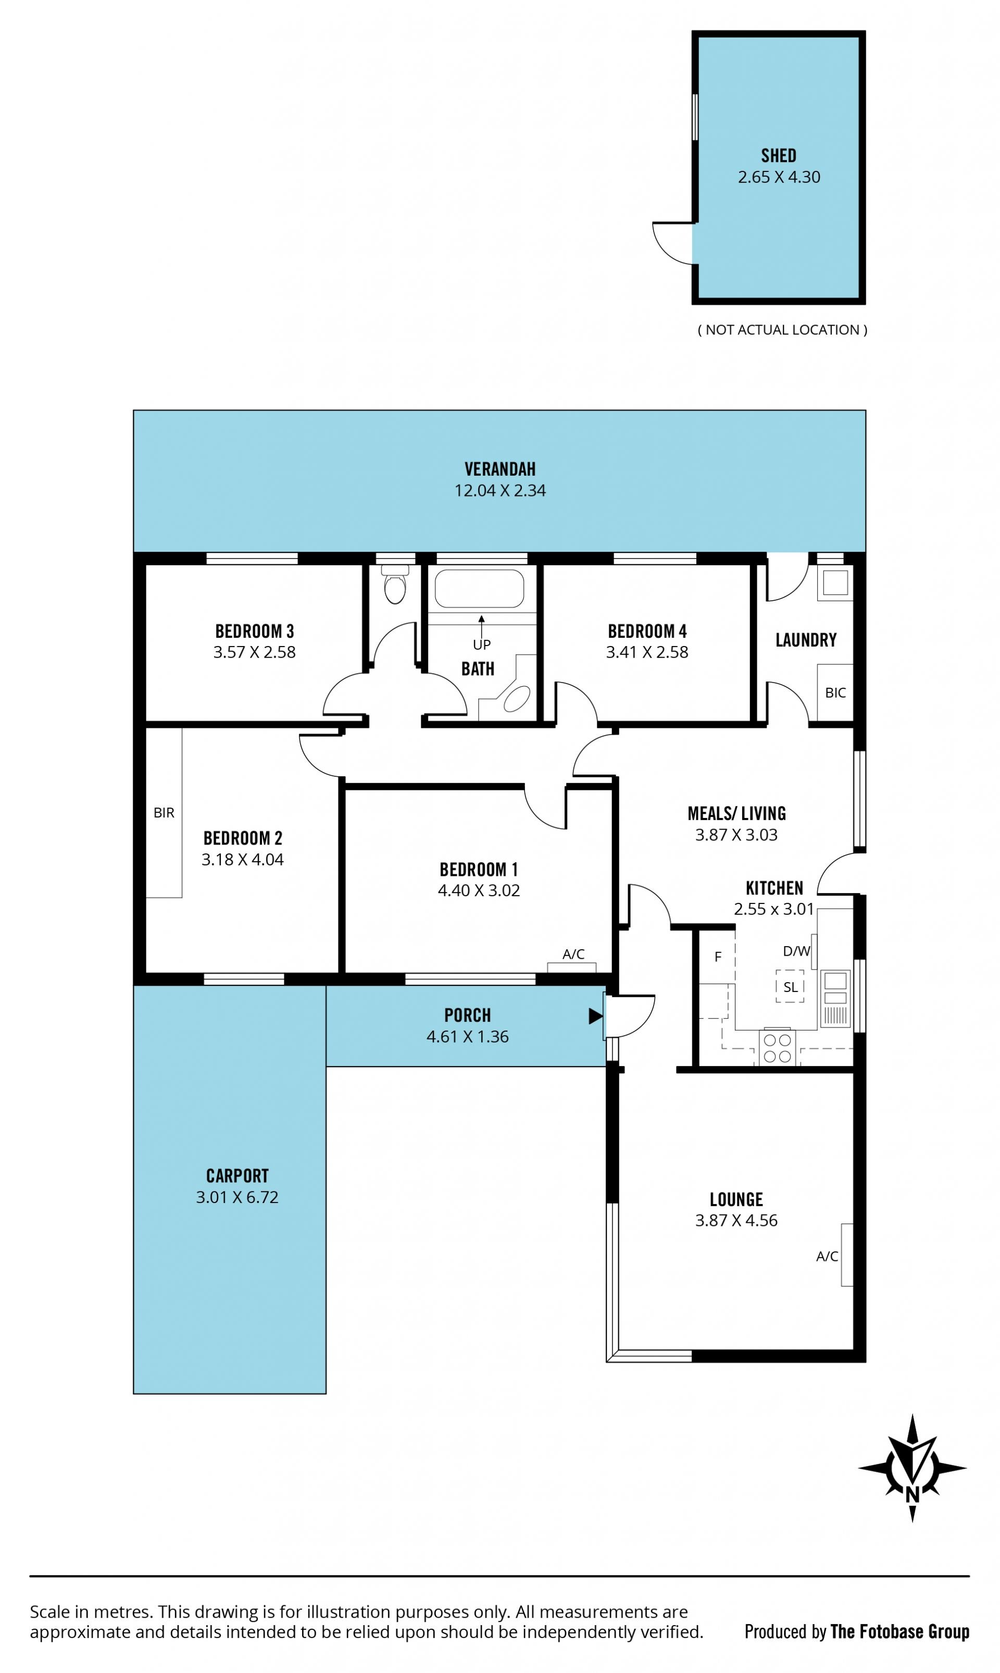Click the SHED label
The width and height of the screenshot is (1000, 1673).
tap(778, 156)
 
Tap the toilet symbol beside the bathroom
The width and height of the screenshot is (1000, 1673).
tap(395, 585)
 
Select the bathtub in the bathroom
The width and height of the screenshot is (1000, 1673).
tap(479, 588)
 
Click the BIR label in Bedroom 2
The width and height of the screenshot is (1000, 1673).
tap(164, 813)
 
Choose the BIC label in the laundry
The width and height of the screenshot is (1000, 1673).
tap(835, 693)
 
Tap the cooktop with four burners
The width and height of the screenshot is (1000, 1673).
tap(777, 1048)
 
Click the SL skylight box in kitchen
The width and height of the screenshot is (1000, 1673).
tap(790, 986)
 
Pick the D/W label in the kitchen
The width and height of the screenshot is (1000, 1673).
tap(796, 951)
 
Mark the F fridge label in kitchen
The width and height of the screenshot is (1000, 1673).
tap(718, 957)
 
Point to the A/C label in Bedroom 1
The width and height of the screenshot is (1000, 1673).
tap(573, 954)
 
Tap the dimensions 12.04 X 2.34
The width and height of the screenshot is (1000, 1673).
tap(500, 491)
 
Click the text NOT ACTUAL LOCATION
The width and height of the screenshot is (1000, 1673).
tap(782, 330)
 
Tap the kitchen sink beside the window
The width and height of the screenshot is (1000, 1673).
tap(835, 998)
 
